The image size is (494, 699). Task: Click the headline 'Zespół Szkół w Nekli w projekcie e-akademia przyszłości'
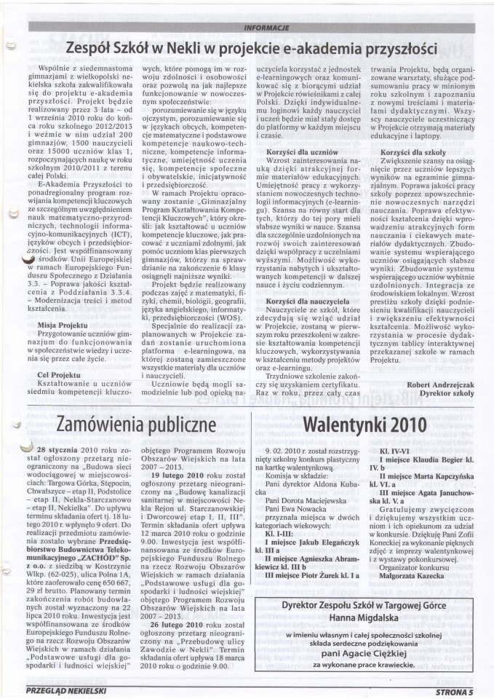point(250,49)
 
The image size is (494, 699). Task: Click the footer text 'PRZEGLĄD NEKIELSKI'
point(65,687)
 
